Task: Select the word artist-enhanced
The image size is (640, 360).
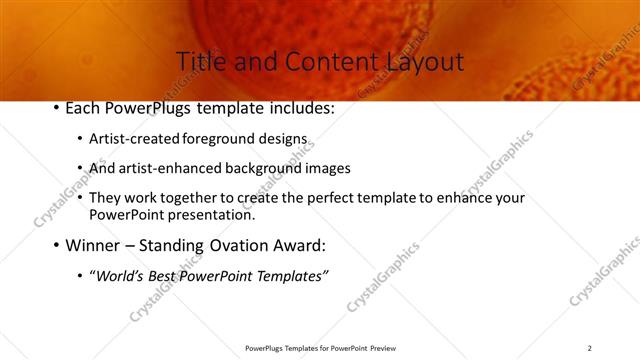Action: (x=171, y=168)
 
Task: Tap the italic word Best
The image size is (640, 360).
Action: (x=163, y=275)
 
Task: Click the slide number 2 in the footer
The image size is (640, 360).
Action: (x=589, y=348)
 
